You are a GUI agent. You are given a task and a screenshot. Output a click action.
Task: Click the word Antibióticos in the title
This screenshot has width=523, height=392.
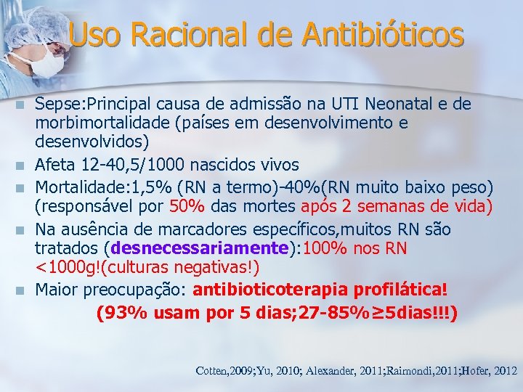coord(383,34)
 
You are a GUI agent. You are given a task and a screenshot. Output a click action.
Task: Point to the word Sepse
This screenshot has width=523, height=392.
coord(57,105)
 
